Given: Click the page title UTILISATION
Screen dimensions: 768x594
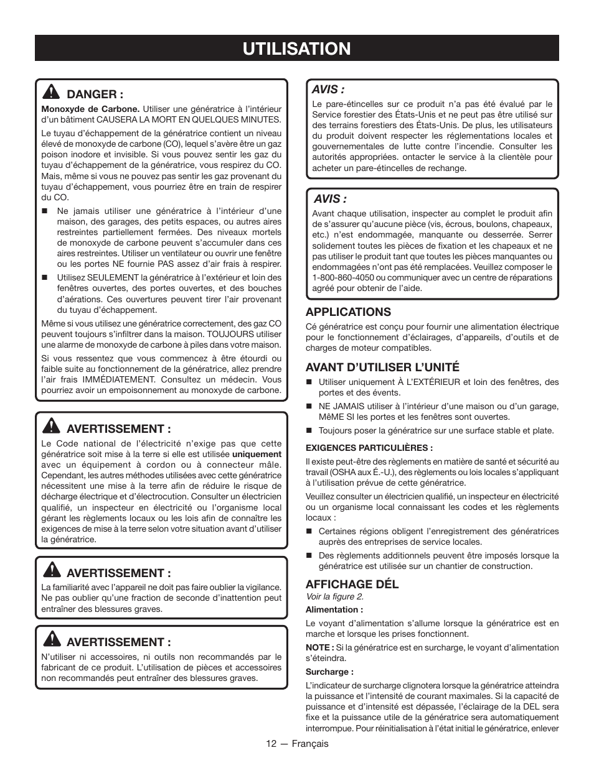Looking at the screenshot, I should pos(296,49).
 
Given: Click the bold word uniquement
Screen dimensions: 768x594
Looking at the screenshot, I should pos(257,455).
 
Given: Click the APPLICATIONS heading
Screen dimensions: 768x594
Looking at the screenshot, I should pos(348,312).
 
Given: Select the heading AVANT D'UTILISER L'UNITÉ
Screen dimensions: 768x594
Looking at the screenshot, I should pos(382,368).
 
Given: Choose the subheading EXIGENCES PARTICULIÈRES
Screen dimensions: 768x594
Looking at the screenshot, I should pos(369,448).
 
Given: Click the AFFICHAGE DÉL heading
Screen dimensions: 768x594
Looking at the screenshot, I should pos(352,584).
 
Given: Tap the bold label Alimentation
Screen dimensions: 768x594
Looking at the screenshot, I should pos(334,610).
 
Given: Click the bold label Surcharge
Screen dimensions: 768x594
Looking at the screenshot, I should pos(329,672).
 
